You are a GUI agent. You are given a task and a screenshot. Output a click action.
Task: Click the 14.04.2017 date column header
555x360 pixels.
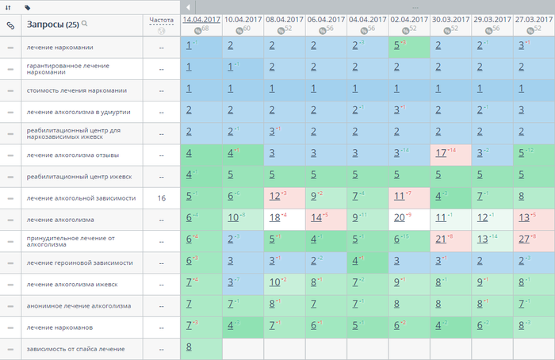[201, 18]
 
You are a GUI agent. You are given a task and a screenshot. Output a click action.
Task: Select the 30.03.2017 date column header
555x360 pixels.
[450, 18]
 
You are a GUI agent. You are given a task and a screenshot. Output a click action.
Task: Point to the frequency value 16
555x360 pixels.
[161, 198]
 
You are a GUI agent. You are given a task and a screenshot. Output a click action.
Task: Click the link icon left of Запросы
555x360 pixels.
[10, 25]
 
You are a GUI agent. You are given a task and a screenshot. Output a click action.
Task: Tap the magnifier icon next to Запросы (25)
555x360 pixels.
[85, 24]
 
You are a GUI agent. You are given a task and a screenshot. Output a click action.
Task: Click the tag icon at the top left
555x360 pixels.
[28, 7]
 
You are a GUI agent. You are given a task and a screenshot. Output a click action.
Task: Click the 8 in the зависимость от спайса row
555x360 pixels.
[189, 347]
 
